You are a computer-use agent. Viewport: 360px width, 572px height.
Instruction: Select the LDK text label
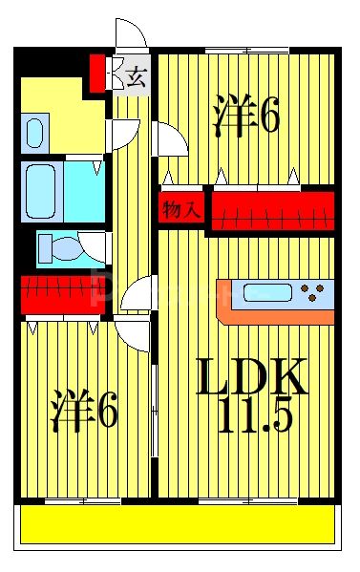tap(252, 378)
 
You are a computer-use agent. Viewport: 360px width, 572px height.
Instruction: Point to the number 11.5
tap(255, 417)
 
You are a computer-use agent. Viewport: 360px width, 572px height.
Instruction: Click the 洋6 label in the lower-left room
tap(84, 410)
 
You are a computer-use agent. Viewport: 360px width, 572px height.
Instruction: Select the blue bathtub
tap(53, 191)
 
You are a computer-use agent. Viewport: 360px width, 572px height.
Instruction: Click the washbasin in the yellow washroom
tap(36, 132)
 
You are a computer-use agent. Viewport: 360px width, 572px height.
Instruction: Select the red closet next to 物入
tap(271, 210)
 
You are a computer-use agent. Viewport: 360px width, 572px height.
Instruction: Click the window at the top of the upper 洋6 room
tap(245, 50)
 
